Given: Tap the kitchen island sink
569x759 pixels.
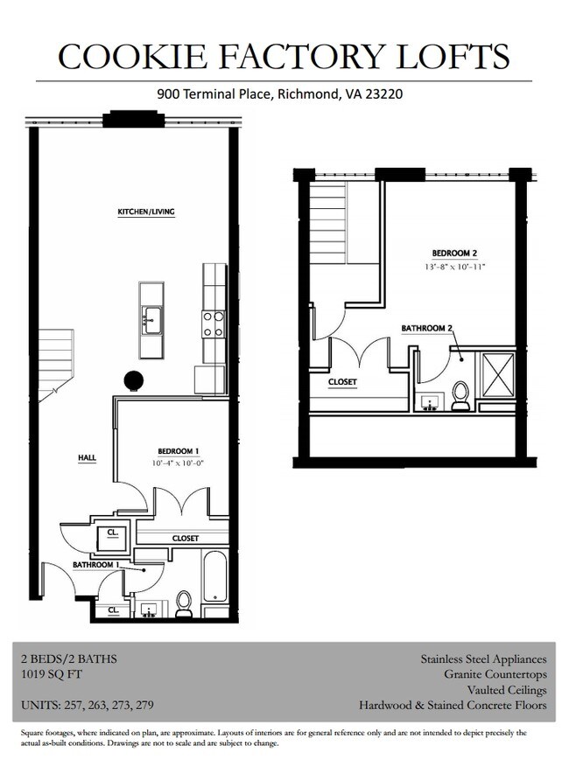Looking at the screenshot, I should [x=151, y=319].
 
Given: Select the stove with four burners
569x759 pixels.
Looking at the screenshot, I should [x=214, y=324].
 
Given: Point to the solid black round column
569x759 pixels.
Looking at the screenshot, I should [x=133, y=380].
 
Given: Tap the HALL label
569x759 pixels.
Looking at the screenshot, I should [x=86, y=457].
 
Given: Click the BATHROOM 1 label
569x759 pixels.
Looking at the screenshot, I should [x=94, y=565].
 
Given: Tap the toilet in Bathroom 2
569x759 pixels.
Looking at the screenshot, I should [x=460, y=395].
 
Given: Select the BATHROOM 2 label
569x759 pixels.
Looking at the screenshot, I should [x=427, y=329].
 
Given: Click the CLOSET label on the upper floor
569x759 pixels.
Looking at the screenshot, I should [x=341, y=382].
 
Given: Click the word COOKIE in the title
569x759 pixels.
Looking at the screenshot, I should [x=130, y=57].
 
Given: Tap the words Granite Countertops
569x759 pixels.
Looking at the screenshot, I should [x=495, y=674].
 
